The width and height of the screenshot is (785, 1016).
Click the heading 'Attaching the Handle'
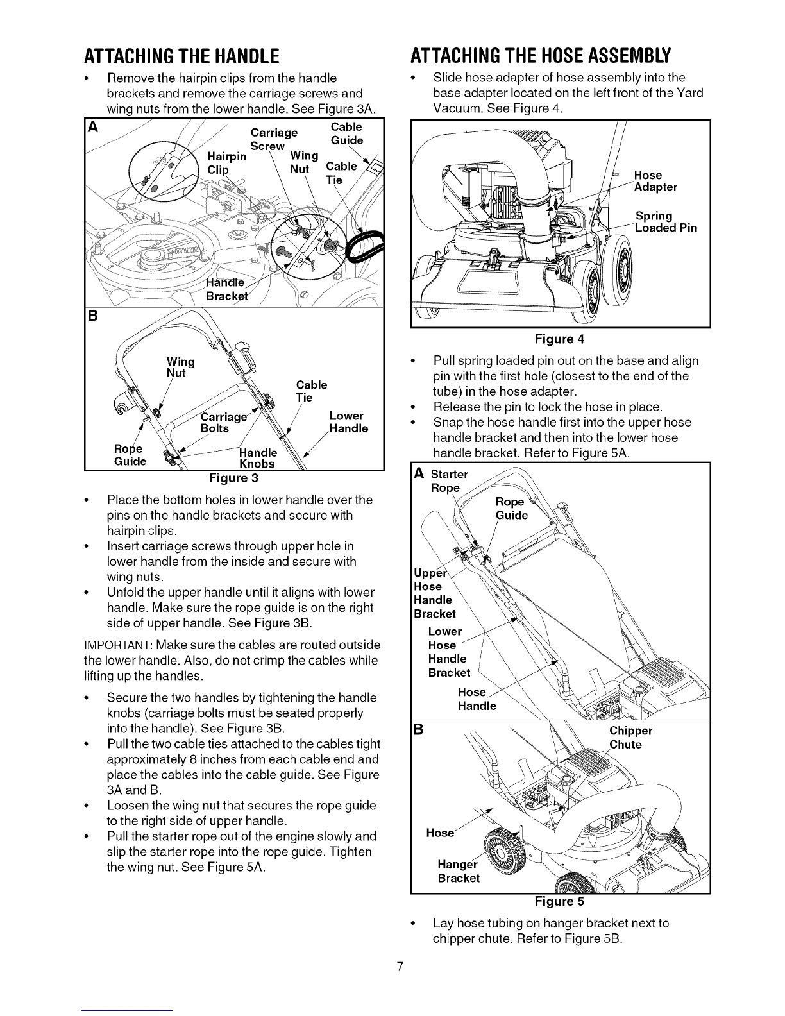click(181, 56)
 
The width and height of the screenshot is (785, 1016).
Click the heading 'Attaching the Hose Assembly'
click(541, 56)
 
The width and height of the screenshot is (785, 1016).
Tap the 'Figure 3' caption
click(233, 478)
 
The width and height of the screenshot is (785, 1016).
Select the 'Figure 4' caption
click(559, 339)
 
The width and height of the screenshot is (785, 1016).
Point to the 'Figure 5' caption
click(559, 901)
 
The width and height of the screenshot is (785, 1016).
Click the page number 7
click(400, 967)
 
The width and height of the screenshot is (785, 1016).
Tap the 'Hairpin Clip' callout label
click(227, 163)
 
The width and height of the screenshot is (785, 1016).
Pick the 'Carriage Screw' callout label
click(274, 139)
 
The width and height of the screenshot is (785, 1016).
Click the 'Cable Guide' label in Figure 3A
click(347, 133)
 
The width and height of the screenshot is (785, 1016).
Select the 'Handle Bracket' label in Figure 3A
click(227, 289)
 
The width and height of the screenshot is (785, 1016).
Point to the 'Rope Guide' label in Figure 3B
click(130, 455)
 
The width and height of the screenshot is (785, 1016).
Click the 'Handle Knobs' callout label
click(258, 458)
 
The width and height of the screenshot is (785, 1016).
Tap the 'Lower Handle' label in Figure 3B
click(349, 422)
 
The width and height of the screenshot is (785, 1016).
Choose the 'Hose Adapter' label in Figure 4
click(655, 181)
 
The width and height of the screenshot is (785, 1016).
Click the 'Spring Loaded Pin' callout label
click(666, 222)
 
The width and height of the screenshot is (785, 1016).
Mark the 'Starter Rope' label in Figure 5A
click(449, 480)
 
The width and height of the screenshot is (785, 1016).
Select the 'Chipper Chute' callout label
click(630, 738)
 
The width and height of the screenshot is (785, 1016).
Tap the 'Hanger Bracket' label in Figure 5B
click(459, 871)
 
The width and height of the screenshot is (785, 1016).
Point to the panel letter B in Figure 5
click(419, 729)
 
